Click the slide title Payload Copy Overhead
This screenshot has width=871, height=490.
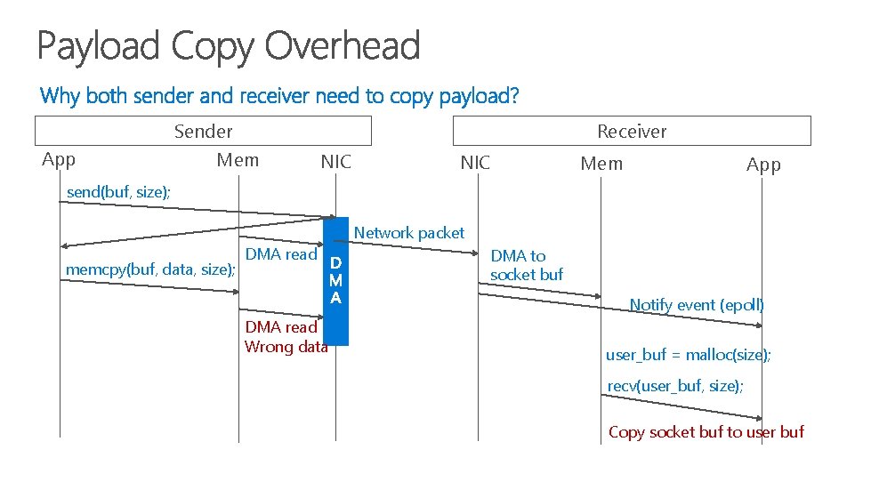[228, 46]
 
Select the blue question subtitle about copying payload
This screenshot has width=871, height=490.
[279, 95]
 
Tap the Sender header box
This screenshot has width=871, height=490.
[203, 131]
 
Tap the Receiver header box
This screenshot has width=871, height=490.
[632, 131]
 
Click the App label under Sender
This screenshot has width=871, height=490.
[59, 160]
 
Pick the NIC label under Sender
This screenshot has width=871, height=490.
[335, 162]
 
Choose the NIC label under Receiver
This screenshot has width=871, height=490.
[474, 162]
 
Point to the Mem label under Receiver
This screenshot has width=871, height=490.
[601, 164]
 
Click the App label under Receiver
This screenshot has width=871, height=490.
[763, 165]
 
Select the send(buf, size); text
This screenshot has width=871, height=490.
[119, 192]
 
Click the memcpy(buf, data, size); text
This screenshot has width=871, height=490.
[150, 269]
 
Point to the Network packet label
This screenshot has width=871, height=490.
[409, 233]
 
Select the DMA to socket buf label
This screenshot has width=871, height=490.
[527, 265]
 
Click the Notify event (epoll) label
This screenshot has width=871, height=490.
[697, 305]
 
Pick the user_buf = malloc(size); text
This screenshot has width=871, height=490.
[689, 355]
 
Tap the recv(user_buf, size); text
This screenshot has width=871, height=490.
[675, 386]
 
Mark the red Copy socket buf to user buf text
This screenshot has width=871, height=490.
[706, 432]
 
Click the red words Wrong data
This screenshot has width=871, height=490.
[286, 347]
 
